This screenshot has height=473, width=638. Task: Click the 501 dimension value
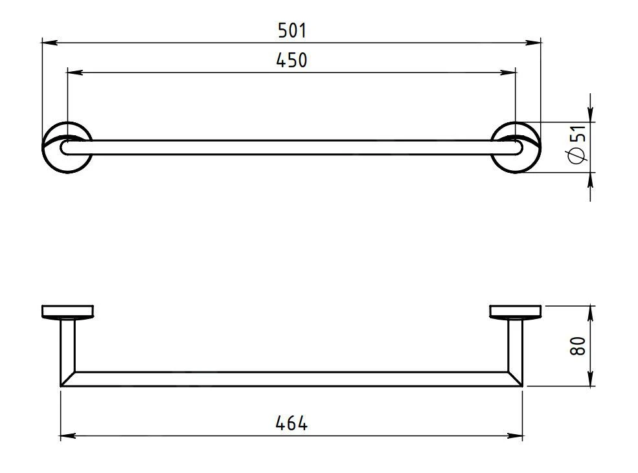point(291,30)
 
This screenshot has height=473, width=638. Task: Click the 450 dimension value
point(291,60)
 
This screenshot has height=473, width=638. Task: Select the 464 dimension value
point(291,424)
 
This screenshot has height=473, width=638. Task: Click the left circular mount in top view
point(67,147)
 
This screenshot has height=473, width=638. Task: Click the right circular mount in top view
point(516,147)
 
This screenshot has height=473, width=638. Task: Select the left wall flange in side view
point(67,312)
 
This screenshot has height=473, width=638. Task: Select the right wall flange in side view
point(516,312)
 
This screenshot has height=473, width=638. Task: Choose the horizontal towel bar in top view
point(291,147)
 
